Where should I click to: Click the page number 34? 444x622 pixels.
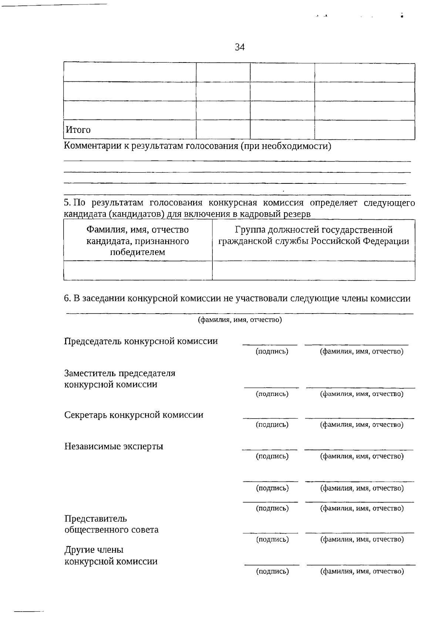[239, 47]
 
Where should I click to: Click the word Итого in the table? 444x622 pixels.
[78, 130]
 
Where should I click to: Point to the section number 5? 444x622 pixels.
[67, 203]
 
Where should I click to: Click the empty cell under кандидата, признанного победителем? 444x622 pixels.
[138, 271]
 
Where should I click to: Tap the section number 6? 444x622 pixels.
[67, 298]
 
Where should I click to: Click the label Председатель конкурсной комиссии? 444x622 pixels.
[141, 341]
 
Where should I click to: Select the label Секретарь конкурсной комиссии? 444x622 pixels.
[134, 415]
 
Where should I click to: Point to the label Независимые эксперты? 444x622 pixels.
[114, 446]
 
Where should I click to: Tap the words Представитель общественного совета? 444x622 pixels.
[111, 524]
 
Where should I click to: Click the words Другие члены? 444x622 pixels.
[94, 550]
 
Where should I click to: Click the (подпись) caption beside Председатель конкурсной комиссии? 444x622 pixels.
[272, 351]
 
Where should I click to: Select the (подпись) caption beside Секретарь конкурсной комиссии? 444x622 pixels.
[272, 425]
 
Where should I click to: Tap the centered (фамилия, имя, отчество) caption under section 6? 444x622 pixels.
[240, 320]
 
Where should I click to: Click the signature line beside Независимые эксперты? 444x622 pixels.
[269, 449]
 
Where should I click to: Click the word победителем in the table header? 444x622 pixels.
[138, 252]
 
